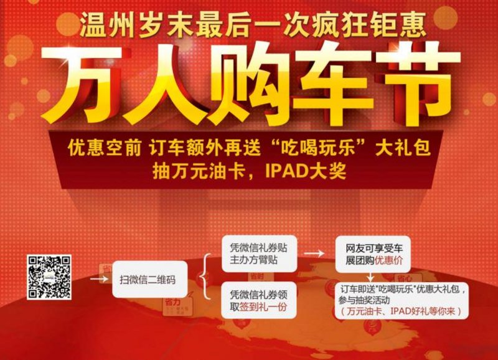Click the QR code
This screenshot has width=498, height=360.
point(49,277)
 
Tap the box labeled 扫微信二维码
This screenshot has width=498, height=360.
point(149,279)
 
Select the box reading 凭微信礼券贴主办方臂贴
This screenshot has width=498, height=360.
point(259,253)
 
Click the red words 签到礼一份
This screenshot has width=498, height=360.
point(263,307)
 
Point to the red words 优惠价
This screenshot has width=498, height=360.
point(388,260)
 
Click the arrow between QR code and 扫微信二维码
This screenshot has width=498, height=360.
point(99,278)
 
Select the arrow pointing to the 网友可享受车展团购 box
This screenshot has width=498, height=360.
point(314,253)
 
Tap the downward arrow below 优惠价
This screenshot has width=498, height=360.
point(370,277)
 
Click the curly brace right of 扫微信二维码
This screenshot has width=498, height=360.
point(205,277)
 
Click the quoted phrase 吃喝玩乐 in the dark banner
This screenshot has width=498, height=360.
point(318,148)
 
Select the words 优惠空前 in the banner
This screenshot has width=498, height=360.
point(104,148)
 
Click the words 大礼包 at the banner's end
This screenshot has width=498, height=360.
point(403,148)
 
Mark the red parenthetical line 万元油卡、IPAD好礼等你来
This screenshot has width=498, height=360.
point(402,311)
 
